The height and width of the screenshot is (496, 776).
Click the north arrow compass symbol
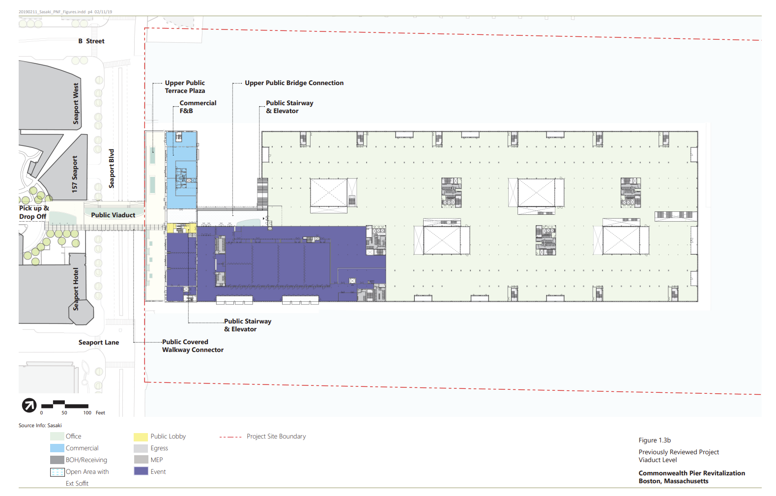(x=29, y=405)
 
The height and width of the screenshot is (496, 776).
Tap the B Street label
(x=91, y=41)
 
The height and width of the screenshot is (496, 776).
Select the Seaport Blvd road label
(x=112, y=169)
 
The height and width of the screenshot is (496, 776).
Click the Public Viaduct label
(x=113, y=215)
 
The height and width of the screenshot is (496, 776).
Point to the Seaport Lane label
(x=99, y=343)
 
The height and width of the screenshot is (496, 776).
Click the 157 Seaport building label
(x=75, y=174)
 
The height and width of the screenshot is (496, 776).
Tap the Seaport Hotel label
(x=76, y=289)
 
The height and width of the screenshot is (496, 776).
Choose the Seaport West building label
(x=76, y=103)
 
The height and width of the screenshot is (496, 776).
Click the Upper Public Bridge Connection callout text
(x=294, y=83)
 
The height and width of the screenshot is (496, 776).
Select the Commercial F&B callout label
(x=198, y=107)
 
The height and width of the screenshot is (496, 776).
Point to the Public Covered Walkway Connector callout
(x=193, y=346)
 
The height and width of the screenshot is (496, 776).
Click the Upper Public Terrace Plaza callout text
(x=185, y=87)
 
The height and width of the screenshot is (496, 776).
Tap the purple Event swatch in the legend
(x=141, y=471)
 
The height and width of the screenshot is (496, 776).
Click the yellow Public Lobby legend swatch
(x=141, y=437)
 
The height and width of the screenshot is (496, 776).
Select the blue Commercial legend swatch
(x=57, y=448)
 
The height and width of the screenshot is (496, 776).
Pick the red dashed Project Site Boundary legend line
(x=230, y=437)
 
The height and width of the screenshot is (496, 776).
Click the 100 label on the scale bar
(x=87, y=413)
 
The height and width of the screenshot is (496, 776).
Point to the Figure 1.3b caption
(x=655, y=440)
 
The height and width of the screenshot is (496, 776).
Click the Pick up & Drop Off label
(x=34, y=212)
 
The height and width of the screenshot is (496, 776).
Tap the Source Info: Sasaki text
(x=40, y=425)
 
